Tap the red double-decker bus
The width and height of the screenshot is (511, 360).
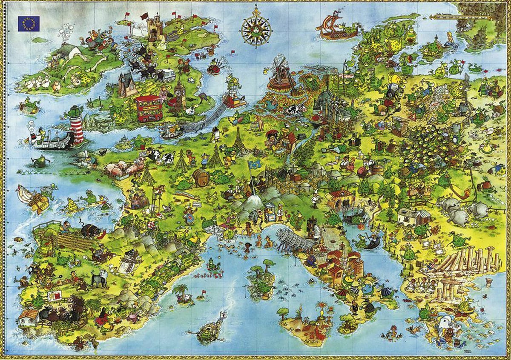click(148, 108)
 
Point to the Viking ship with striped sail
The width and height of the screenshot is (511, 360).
click(335, 27)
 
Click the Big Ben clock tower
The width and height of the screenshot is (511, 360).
click(179, 94)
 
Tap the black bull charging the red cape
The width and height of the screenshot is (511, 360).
click(90, 230)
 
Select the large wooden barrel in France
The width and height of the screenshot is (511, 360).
click(201, 177)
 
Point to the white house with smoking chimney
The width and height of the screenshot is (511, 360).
click(68, 50)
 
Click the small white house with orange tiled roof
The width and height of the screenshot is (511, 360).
click(28, 317)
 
